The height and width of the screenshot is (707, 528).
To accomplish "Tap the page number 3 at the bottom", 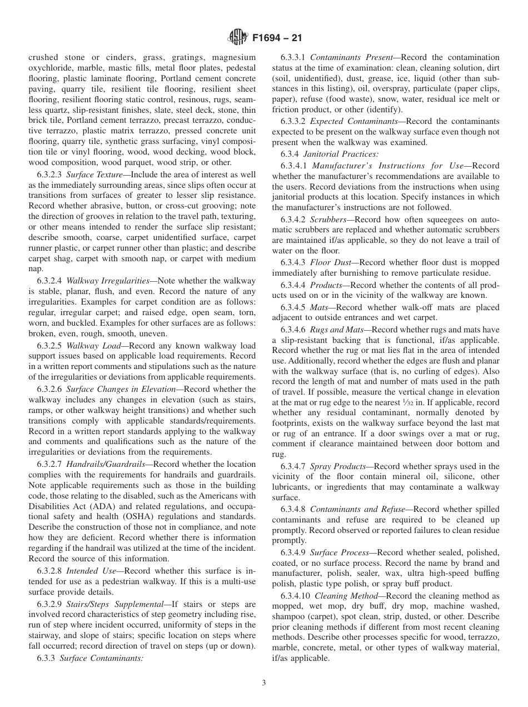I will click(264, 683).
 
